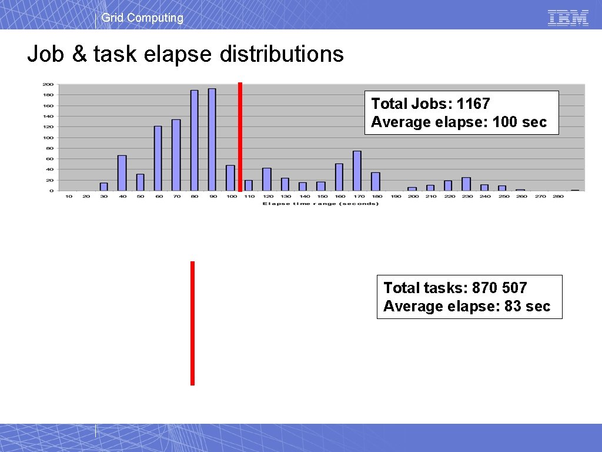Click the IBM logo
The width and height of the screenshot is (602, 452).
pyautogui.click(x=568, y=18)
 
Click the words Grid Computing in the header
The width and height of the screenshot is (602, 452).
pyautogui.click(x=142, y=18)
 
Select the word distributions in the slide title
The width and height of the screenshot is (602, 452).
pyautogui.click(x=282, y=54)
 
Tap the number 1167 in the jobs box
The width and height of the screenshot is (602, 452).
pyautogui.click(x=473, y=104)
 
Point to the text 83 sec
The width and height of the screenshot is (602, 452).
pyautogui.click(x=527, y=306)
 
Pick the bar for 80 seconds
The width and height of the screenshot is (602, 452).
pyautogui.click(x=194, y=141)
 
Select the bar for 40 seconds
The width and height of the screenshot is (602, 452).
pyautogui.click(x=122, y=173)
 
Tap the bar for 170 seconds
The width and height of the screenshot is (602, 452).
pyautogui.click(x=357, y=171)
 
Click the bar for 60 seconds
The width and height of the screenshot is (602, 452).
pyautogui.click(x=158, y=158)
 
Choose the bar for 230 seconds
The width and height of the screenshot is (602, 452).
pyautogui.click(x=466, y=184)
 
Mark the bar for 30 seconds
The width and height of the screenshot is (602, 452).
pyautogui.click(x=103, y=187)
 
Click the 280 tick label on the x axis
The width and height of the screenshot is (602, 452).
pyautogui.click(x=558, y=197)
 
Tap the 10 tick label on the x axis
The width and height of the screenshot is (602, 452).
pyautogui.click(x=69, y=197)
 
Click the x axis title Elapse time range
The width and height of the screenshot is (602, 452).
pyautogui.click(x=320, y=204)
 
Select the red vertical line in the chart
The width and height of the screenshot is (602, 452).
pyautogui.click(x=240, y=137)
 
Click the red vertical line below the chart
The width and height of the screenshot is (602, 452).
pyautogui.click(x=192, y=323)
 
